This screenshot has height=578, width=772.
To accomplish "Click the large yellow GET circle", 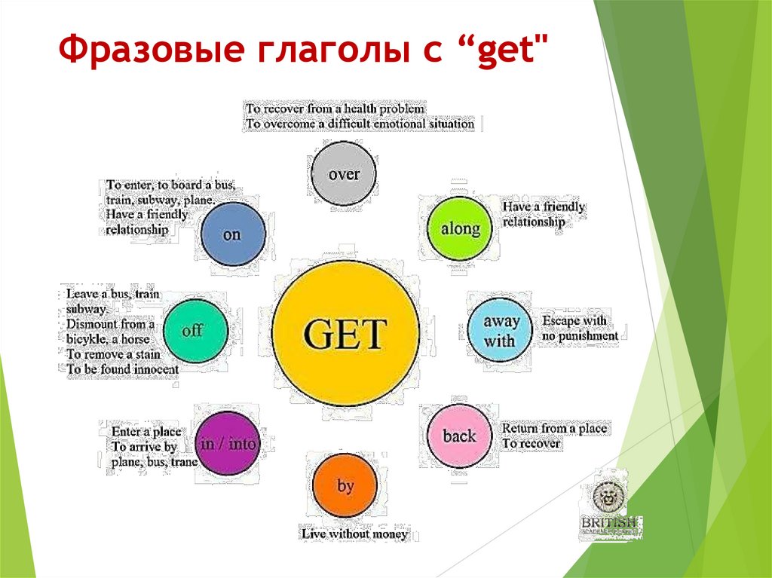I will tap(345, 332).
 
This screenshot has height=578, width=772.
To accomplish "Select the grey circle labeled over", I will tap(344, 174).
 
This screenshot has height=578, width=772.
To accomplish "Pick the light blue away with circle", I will tap(501, 331).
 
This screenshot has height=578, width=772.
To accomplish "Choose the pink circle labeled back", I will tap(459, 436).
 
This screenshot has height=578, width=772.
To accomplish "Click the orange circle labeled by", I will tap(345, 487).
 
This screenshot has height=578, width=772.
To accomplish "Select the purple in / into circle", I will tap(228, 444).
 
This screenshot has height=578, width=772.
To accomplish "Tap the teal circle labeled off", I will tap(193, 330).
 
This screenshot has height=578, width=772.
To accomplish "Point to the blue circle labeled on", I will tap(232, 234).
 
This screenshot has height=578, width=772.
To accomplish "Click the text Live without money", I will tap(354, 534).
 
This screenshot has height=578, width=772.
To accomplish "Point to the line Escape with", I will tap(574, 321).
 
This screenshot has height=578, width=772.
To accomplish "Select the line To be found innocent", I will tap(122, 369).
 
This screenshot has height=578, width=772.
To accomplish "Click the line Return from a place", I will tap(554, 428).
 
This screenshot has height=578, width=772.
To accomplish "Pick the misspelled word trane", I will tap(184, 461).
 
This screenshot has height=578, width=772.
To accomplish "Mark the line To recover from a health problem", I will tap(335, 108).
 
